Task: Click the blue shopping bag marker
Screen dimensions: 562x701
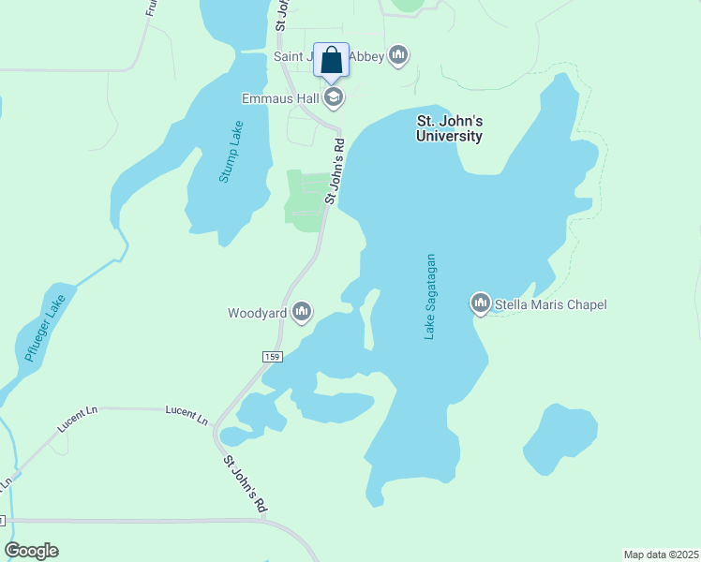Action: pos(331,61)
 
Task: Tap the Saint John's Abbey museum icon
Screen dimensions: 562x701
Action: pos(399,56)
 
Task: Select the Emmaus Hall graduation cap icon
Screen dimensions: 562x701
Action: pos(334,97)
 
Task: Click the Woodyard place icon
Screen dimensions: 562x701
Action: pos(302,313)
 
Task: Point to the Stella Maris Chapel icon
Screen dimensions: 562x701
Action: pos(481,303)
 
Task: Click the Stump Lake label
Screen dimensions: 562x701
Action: pos(231,152)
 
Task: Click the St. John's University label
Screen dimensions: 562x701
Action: pos(449,128)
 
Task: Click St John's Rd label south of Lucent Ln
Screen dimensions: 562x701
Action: pos(246,484)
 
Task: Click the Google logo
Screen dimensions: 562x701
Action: pos(31,551)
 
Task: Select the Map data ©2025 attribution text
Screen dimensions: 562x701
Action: pos(661,554)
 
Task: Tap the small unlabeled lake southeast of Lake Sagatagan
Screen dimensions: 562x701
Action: pos(560,438)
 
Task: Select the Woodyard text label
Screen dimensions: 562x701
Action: pos(257,314)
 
